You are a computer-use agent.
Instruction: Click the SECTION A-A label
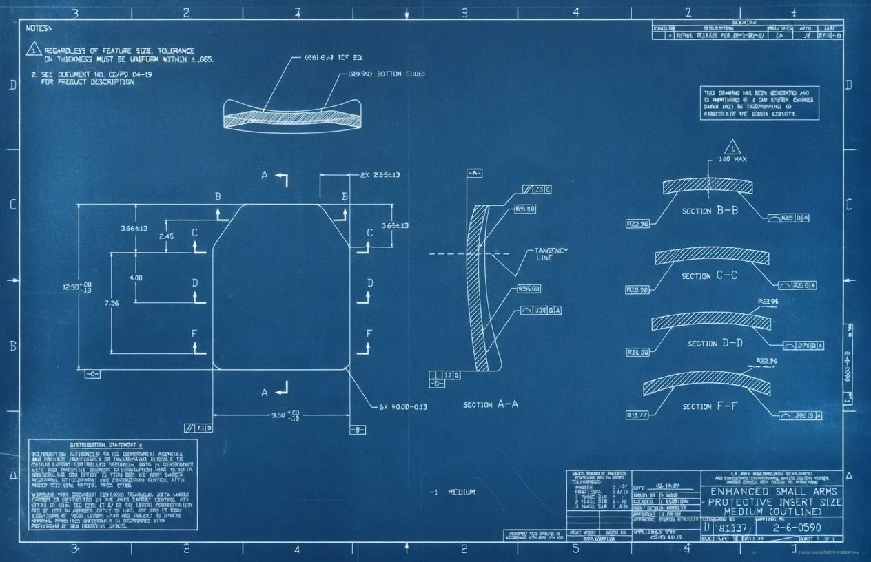point(490,405)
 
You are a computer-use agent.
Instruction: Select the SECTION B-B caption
point(710,211)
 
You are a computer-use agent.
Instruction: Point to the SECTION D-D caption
point(715,343)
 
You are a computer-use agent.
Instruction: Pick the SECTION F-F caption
point(709,406)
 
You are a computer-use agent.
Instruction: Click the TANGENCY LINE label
point(551,254)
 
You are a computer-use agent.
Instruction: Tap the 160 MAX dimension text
point(732,159)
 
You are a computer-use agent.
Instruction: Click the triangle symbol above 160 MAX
point(732,146)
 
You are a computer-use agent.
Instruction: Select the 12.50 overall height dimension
point(77,287)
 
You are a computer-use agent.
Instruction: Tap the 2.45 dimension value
point(166,236)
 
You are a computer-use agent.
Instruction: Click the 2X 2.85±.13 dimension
point(380,175)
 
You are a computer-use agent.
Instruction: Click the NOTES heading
point(39,28)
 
